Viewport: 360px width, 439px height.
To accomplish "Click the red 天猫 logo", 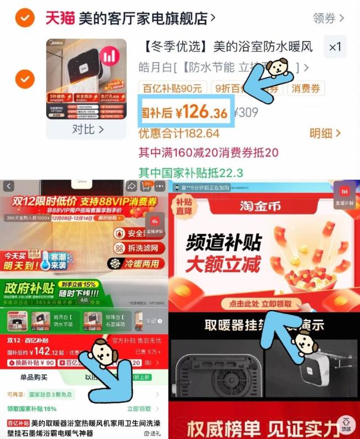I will point(59,18).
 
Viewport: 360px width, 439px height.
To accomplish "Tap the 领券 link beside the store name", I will point(328,19).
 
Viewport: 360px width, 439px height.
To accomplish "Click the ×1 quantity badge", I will point(335,47).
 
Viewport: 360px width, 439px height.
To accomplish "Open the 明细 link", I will point(325,133).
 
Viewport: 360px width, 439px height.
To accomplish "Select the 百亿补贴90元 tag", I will point(172,88).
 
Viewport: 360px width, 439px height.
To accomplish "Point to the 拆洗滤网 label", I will point(139,249).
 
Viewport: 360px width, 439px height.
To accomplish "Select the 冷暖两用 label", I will point(139,264).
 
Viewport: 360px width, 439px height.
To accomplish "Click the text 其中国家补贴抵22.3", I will point(190,172).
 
